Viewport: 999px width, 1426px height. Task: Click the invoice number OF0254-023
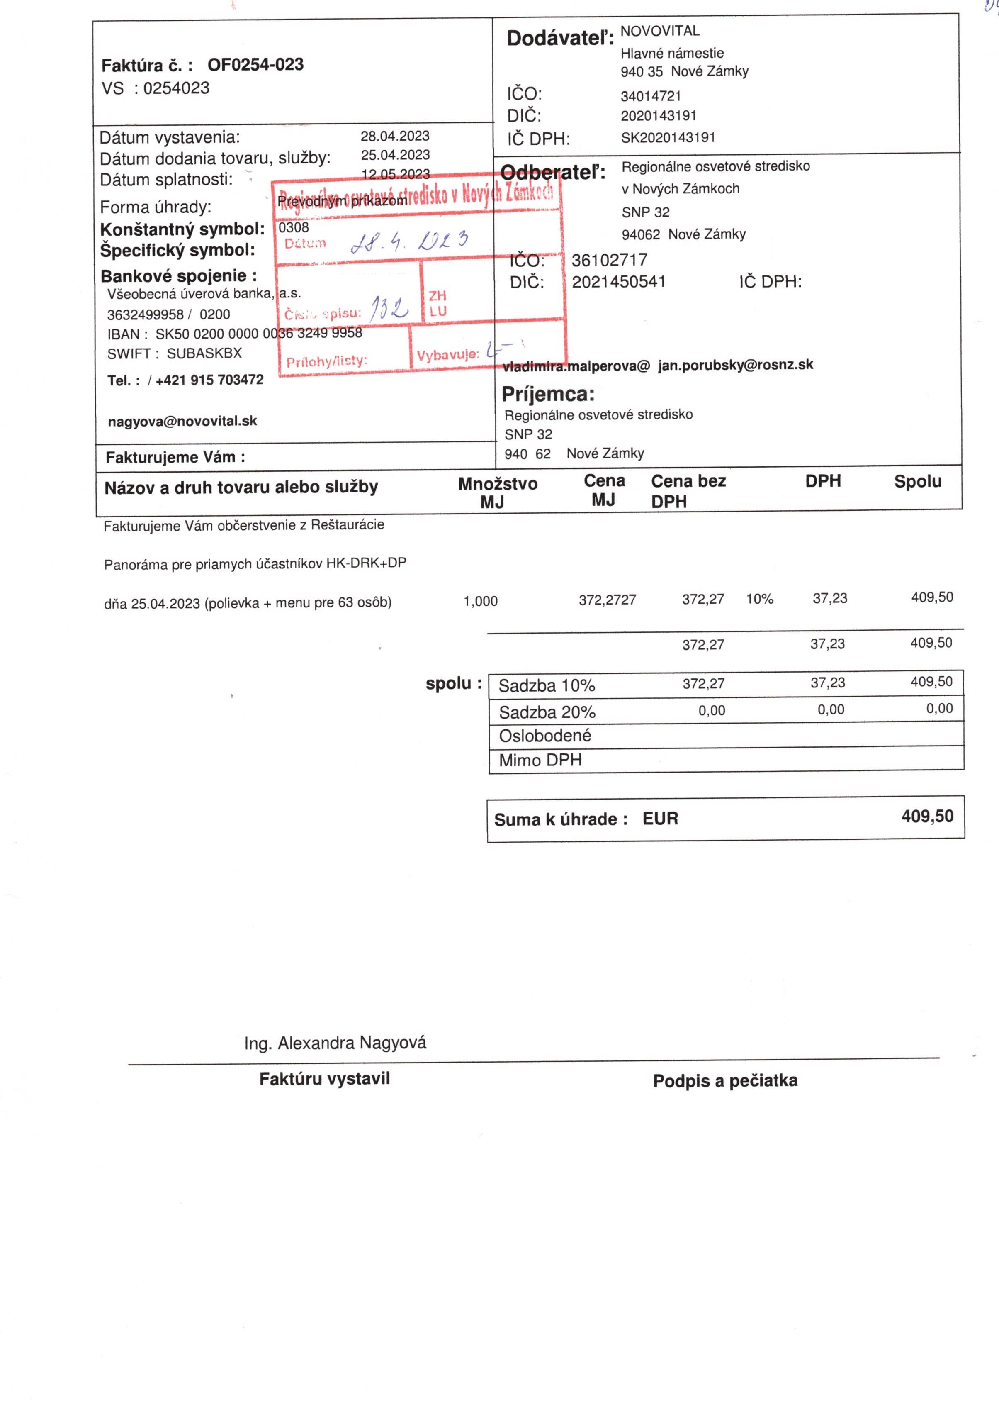255,65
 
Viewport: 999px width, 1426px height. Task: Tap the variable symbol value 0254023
176,88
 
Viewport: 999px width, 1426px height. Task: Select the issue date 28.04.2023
395,136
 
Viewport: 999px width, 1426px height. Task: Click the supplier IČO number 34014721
651,96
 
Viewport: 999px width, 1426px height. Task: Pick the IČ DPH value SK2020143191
668,137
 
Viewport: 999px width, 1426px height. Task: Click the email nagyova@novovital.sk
182,421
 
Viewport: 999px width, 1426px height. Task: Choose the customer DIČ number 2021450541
618,282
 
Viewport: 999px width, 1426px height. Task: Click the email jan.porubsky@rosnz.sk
736,365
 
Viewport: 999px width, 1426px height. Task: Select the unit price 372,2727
607,600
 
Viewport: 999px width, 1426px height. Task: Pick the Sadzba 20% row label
547,712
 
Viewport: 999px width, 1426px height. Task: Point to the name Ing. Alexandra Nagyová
335,1043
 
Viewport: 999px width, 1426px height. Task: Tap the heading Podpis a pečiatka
724,1081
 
